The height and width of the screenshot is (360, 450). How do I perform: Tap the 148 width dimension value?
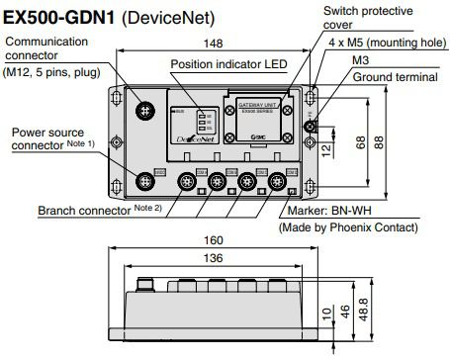[212, 43]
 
